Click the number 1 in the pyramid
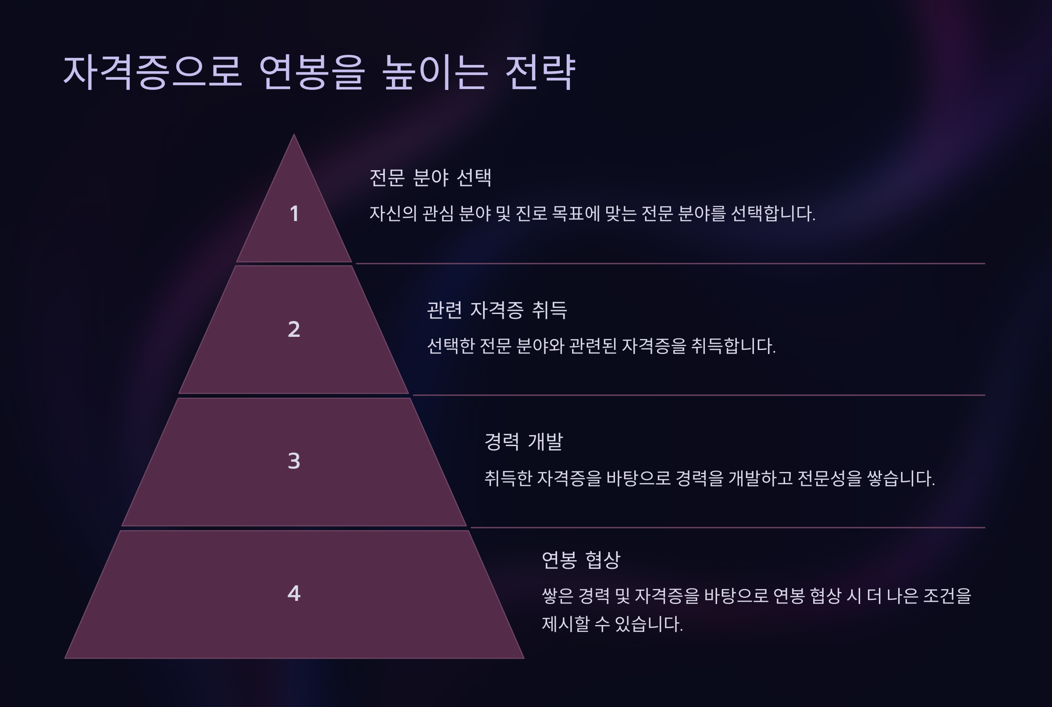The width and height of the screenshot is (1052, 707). pyautogui.click(x=294, y=213)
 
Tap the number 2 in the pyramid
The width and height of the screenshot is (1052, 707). pyautogui.click(x=294, y=329)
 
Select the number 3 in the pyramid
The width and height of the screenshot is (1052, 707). pyautogui.click(x=294, y=461)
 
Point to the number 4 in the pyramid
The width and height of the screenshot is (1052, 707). pyautogui.click(x=294, y=593)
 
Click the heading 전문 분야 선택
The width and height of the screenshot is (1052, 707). pyautogui.click(x=430, y=177)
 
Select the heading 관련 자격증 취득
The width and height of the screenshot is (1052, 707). pyautogui.click(x=497, y=310)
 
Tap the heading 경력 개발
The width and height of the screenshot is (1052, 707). pyautogui.click(x=523, y=441)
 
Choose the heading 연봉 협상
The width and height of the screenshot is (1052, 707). pyautogui.click(x=581, y=560)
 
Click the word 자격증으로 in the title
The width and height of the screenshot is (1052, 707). pyautogui.click(x=152, y=72)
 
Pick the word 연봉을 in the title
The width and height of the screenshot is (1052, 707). pyautogui.click(x=312, y=72)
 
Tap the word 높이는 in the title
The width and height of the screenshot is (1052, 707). pyautogui.click(x=435, y=72)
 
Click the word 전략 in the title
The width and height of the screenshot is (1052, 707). pyautogui.click(x=540, y=72)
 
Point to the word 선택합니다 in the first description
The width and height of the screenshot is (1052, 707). pyautogui.click(x=772, y=213)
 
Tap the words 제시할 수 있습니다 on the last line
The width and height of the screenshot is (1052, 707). pyautogui.click(x=612, y=624)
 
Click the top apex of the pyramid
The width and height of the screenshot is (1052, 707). pyautogui.click(x=294, y=136)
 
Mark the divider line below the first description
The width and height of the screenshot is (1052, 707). pyautogui.click(x=670, y=263)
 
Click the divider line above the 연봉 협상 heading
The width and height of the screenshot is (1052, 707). pyautogui.click(x=728, y=527)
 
